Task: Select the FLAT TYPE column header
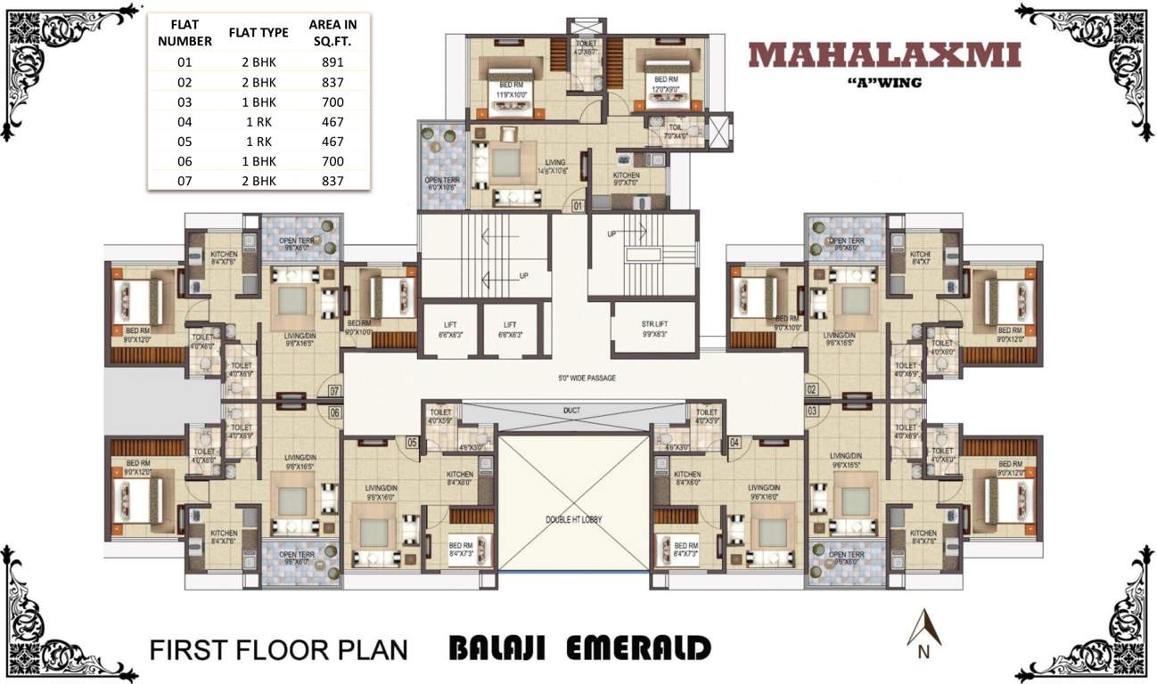point(258,33)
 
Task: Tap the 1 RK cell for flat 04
point(258,122)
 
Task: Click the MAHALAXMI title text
point(884,55)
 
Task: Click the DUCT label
point(571,411)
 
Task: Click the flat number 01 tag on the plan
point(577,206)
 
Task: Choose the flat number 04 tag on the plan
point(734,442)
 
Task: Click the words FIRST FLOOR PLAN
point(278,648)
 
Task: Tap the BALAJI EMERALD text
point(579,648)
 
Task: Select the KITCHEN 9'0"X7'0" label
point(627,179)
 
